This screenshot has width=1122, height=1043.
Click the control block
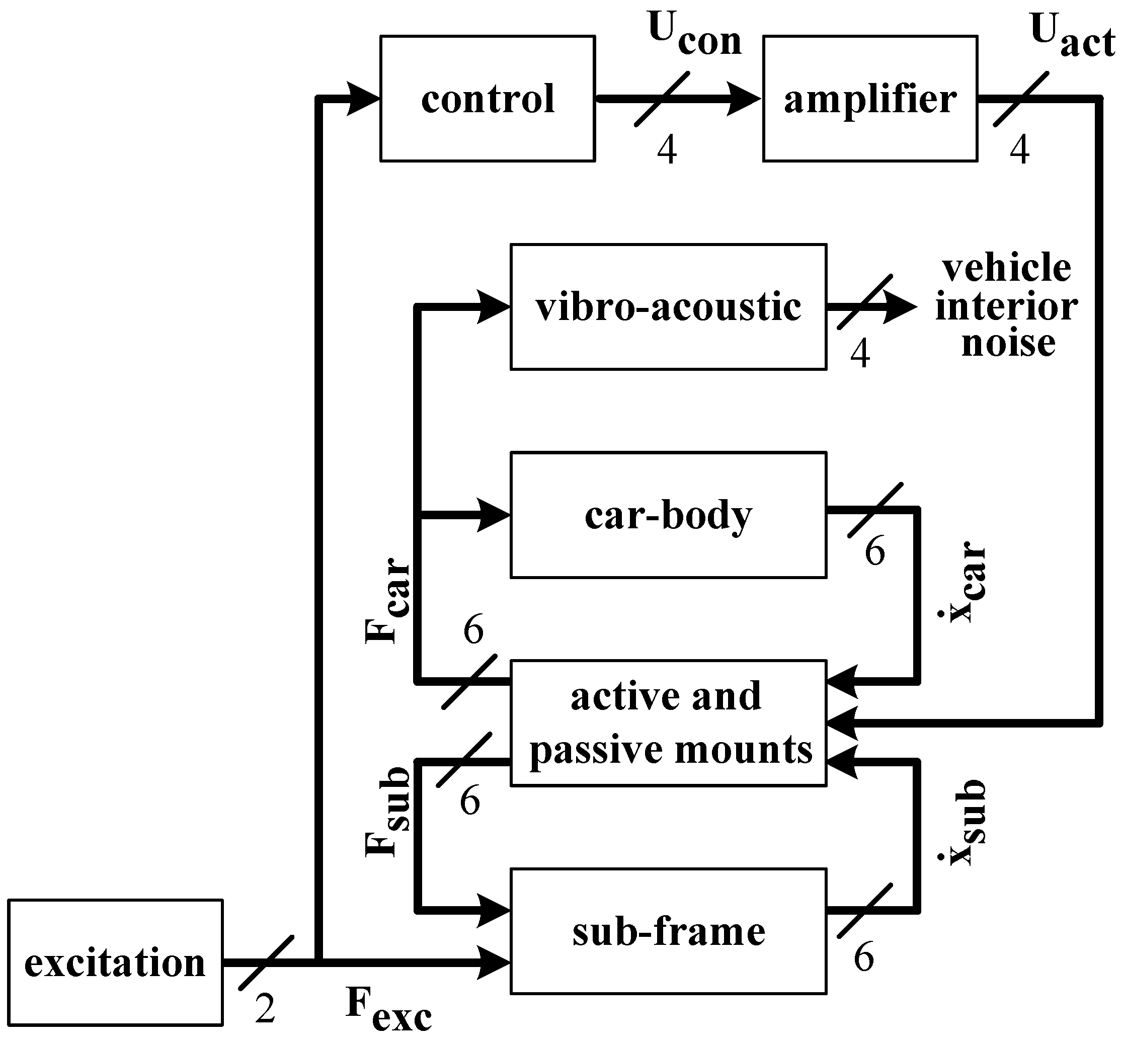[x=488, y=99]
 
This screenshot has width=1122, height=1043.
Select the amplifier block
[x=870, y=99]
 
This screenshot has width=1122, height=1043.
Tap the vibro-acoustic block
[x=668, y=307]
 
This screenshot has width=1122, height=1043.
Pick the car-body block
[x=668, y=515]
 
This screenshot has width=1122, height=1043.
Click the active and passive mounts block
[x=668, y=723]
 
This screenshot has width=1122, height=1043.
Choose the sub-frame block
[x=668, y=931]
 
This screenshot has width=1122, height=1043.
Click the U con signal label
[x=694, y=35]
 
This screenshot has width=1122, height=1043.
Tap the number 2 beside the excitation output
[x=265, y=1009]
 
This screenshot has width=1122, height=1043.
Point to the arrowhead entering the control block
[x=362, y=99]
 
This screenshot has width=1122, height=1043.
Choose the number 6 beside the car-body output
[x=875, y=551]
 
